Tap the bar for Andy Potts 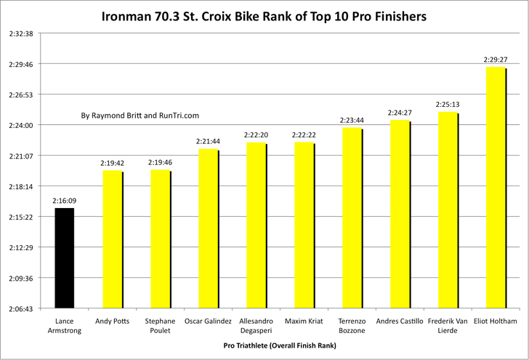point(112,239)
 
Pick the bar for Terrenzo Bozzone point(352,218)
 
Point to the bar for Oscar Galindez point(208,229)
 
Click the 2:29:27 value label point(496,60)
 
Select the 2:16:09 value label point(64,201)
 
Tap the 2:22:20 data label point(256,135)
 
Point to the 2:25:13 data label point(448,105)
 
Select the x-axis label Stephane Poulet point(160,325)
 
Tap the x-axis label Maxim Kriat point(304,321)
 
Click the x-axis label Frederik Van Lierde point(448,325)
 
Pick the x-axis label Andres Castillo point(400,321)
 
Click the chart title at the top point(264,15)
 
